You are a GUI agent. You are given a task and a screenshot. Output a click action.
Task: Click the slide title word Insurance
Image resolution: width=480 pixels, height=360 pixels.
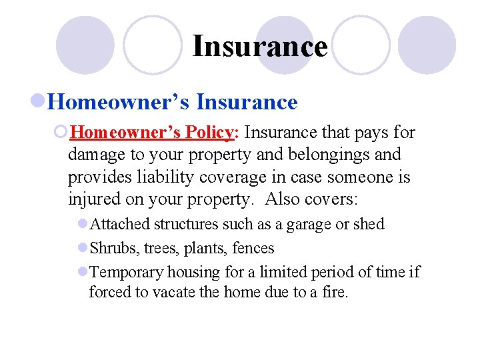point(260,47)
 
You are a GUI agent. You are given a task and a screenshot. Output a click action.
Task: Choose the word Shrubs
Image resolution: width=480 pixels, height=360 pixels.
point(111,248)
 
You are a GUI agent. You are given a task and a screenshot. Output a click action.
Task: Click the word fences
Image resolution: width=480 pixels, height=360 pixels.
point(253,248)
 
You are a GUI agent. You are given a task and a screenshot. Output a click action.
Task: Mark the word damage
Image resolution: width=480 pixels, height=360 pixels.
point(97,155)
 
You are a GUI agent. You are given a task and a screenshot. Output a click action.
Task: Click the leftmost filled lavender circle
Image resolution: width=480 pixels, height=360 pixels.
point(85,45)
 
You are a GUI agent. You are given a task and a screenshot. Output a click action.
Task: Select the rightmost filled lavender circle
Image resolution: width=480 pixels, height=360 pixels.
point(427,45)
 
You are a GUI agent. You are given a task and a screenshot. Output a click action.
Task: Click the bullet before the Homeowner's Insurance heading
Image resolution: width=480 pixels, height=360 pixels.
point(39,102)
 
